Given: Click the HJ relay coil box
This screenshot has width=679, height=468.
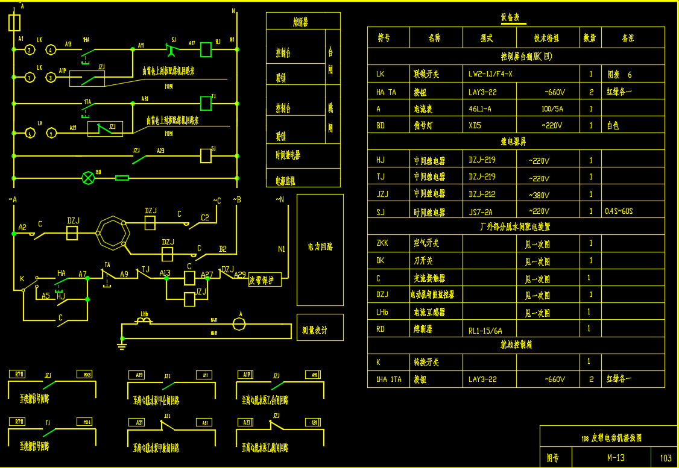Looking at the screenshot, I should coord(206,49).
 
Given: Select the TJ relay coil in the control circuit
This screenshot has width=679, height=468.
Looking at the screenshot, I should coord(206,103).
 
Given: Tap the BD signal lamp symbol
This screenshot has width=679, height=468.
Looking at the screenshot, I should coord(89,178).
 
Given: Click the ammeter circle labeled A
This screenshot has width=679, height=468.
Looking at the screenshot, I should coord(239,324).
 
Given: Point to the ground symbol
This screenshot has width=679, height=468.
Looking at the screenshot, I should coord(121,345).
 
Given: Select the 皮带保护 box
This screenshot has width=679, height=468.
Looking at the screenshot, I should coord(265,279).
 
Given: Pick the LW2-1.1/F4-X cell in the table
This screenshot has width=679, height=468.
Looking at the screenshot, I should coord(490,75).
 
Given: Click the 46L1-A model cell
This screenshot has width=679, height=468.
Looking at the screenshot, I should coord(480,109).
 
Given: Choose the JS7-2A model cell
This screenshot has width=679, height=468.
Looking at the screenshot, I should coord(481,212).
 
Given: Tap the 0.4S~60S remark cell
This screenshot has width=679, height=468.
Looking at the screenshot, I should coord(619,212).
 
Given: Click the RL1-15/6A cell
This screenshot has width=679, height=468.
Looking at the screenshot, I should coord(485,331).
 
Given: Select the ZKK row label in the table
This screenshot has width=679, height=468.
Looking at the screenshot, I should coord(382,243).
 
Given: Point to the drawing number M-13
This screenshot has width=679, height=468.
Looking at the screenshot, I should coord(616,458).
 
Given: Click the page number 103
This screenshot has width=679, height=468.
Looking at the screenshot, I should coord(666,458).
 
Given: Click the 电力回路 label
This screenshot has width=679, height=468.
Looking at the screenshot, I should coord(320,247).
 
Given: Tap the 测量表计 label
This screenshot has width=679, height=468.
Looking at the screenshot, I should coord(314,331).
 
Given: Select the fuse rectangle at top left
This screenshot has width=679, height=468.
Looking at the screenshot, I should coord(15,23).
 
